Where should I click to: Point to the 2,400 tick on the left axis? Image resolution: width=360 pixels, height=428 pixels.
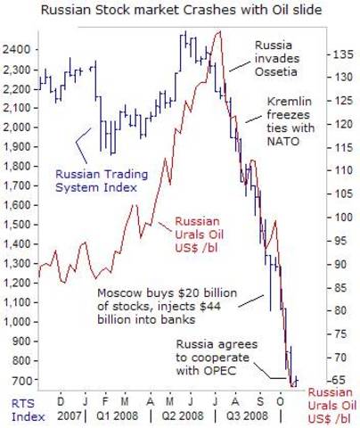(18, 43)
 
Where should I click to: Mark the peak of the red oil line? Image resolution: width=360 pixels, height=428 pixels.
(219, 32)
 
